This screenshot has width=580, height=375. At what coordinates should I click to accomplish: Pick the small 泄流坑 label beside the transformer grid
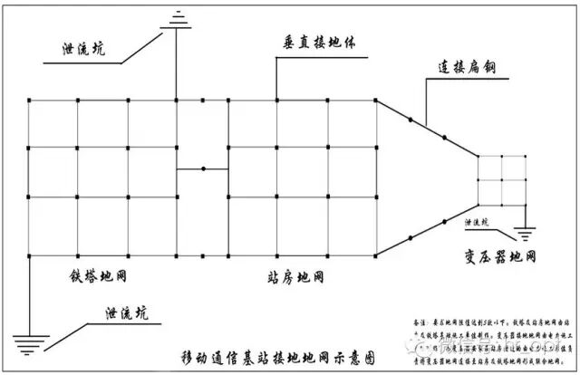coord(476,221)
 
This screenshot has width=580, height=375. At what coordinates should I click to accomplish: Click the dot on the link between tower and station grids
coord(203,168)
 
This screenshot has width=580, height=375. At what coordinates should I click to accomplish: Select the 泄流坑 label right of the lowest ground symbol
coord(121,314)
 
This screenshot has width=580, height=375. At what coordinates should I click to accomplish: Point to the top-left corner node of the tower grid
coord(29,99)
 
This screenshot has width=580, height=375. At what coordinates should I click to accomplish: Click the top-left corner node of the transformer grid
coord(477,157)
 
